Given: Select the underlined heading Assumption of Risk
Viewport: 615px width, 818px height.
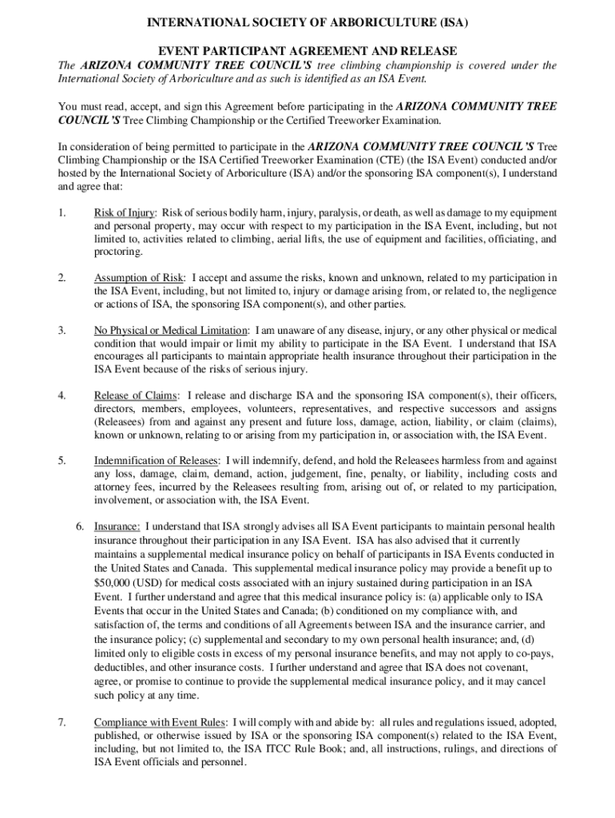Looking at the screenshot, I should tap(138, 277).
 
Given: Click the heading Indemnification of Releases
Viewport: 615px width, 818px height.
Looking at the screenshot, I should tap(156, 461).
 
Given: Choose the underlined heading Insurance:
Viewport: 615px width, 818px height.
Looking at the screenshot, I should tap(117, 527).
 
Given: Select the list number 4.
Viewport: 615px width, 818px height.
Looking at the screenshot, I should tap(61, 395).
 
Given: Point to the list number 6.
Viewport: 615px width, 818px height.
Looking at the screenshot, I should tap(80, 527).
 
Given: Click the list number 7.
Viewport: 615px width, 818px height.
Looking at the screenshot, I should tap(61, 723).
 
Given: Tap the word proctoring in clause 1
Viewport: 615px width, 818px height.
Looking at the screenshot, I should tap(119, 252).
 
